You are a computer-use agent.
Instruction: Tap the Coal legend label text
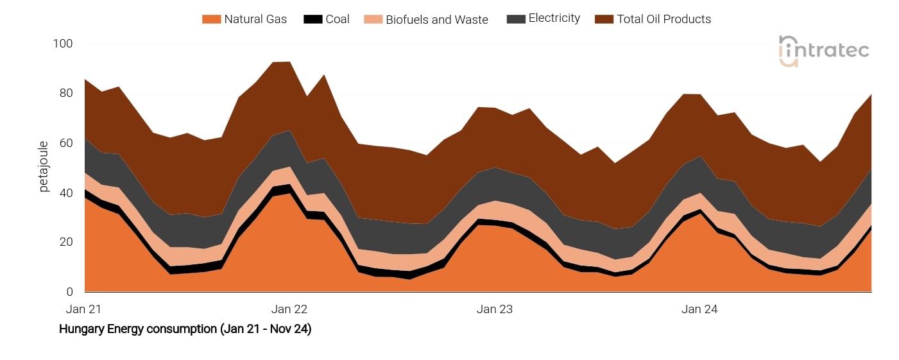[338, 19]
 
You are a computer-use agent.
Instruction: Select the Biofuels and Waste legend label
[437, 19]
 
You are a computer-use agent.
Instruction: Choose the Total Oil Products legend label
[664, 19]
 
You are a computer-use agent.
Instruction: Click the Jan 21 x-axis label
[84, 309]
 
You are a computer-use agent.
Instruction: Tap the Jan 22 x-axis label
[289, 309]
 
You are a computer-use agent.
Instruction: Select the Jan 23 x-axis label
[495, 309]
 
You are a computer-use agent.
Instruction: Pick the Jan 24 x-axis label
[699, 309]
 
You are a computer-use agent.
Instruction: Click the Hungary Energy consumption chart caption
[185, 329]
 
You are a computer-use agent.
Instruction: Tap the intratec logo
[824, 50]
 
